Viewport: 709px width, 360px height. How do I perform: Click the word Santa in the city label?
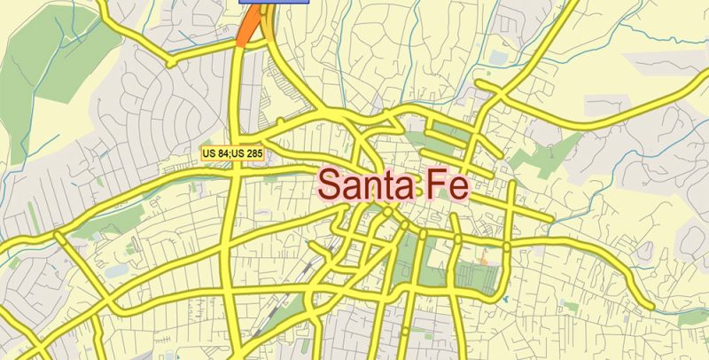click(x=358, y=185)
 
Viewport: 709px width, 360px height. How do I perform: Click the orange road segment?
click(x=248, y=30)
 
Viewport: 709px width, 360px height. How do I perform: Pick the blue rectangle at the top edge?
click(x=273, y=2)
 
